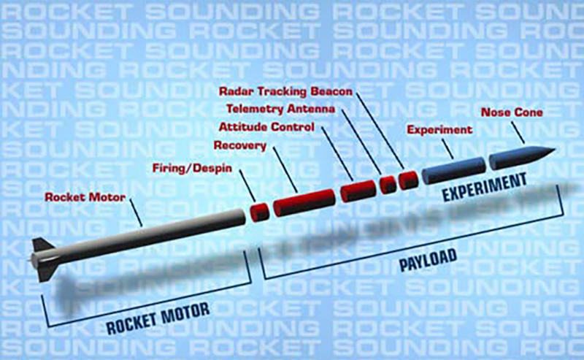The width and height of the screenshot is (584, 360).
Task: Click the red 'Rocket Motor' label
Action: coord(85,197)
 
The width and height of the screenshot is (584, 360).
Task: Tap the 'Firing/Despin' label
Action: coord(192,169)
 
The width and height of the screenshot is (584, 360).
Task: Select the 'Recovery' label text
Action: coord(240,145)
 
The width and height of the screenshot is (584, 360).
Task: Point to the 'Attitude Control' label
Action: coord(266,127)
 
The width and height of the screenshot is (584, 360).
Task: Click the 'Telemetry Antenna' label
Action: coord(281,110)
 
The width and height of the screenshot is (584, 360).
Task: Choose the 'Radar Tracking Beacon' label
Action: coord(285,91)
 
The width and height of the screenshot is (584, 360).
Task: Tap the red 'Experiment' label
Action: coord(439,130)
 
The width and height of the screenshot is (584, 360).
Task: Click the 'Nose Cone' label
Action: coord(512,112)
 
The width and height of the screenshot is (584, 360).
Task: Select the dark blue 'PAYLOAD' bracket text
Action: coord(428,260)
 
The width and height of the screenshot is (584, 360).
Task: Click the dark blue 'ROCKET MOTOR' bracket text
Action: coord(158,318)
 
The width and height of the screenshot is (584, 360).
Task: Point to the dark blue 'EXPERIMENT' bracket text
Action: coord(484,187)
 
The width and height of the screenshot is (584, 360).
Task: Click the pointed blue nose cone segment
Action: coord(521,158)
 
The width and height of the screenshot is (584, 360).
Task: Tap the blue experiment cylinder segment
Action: coord(454,170)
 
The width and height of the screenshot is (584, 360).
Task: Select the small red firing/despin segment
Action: coord(260,212)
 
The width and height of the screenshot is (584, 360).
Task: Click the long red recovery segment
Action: coord(304,202)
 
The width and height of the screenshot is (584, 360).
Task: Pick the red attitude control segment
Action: coord(358,191)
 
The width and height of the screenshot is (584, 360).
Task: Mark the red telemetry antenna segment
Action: coord(388,185)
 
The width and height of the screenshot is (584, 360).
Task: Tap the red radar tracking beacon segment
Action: coord(409,180)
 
